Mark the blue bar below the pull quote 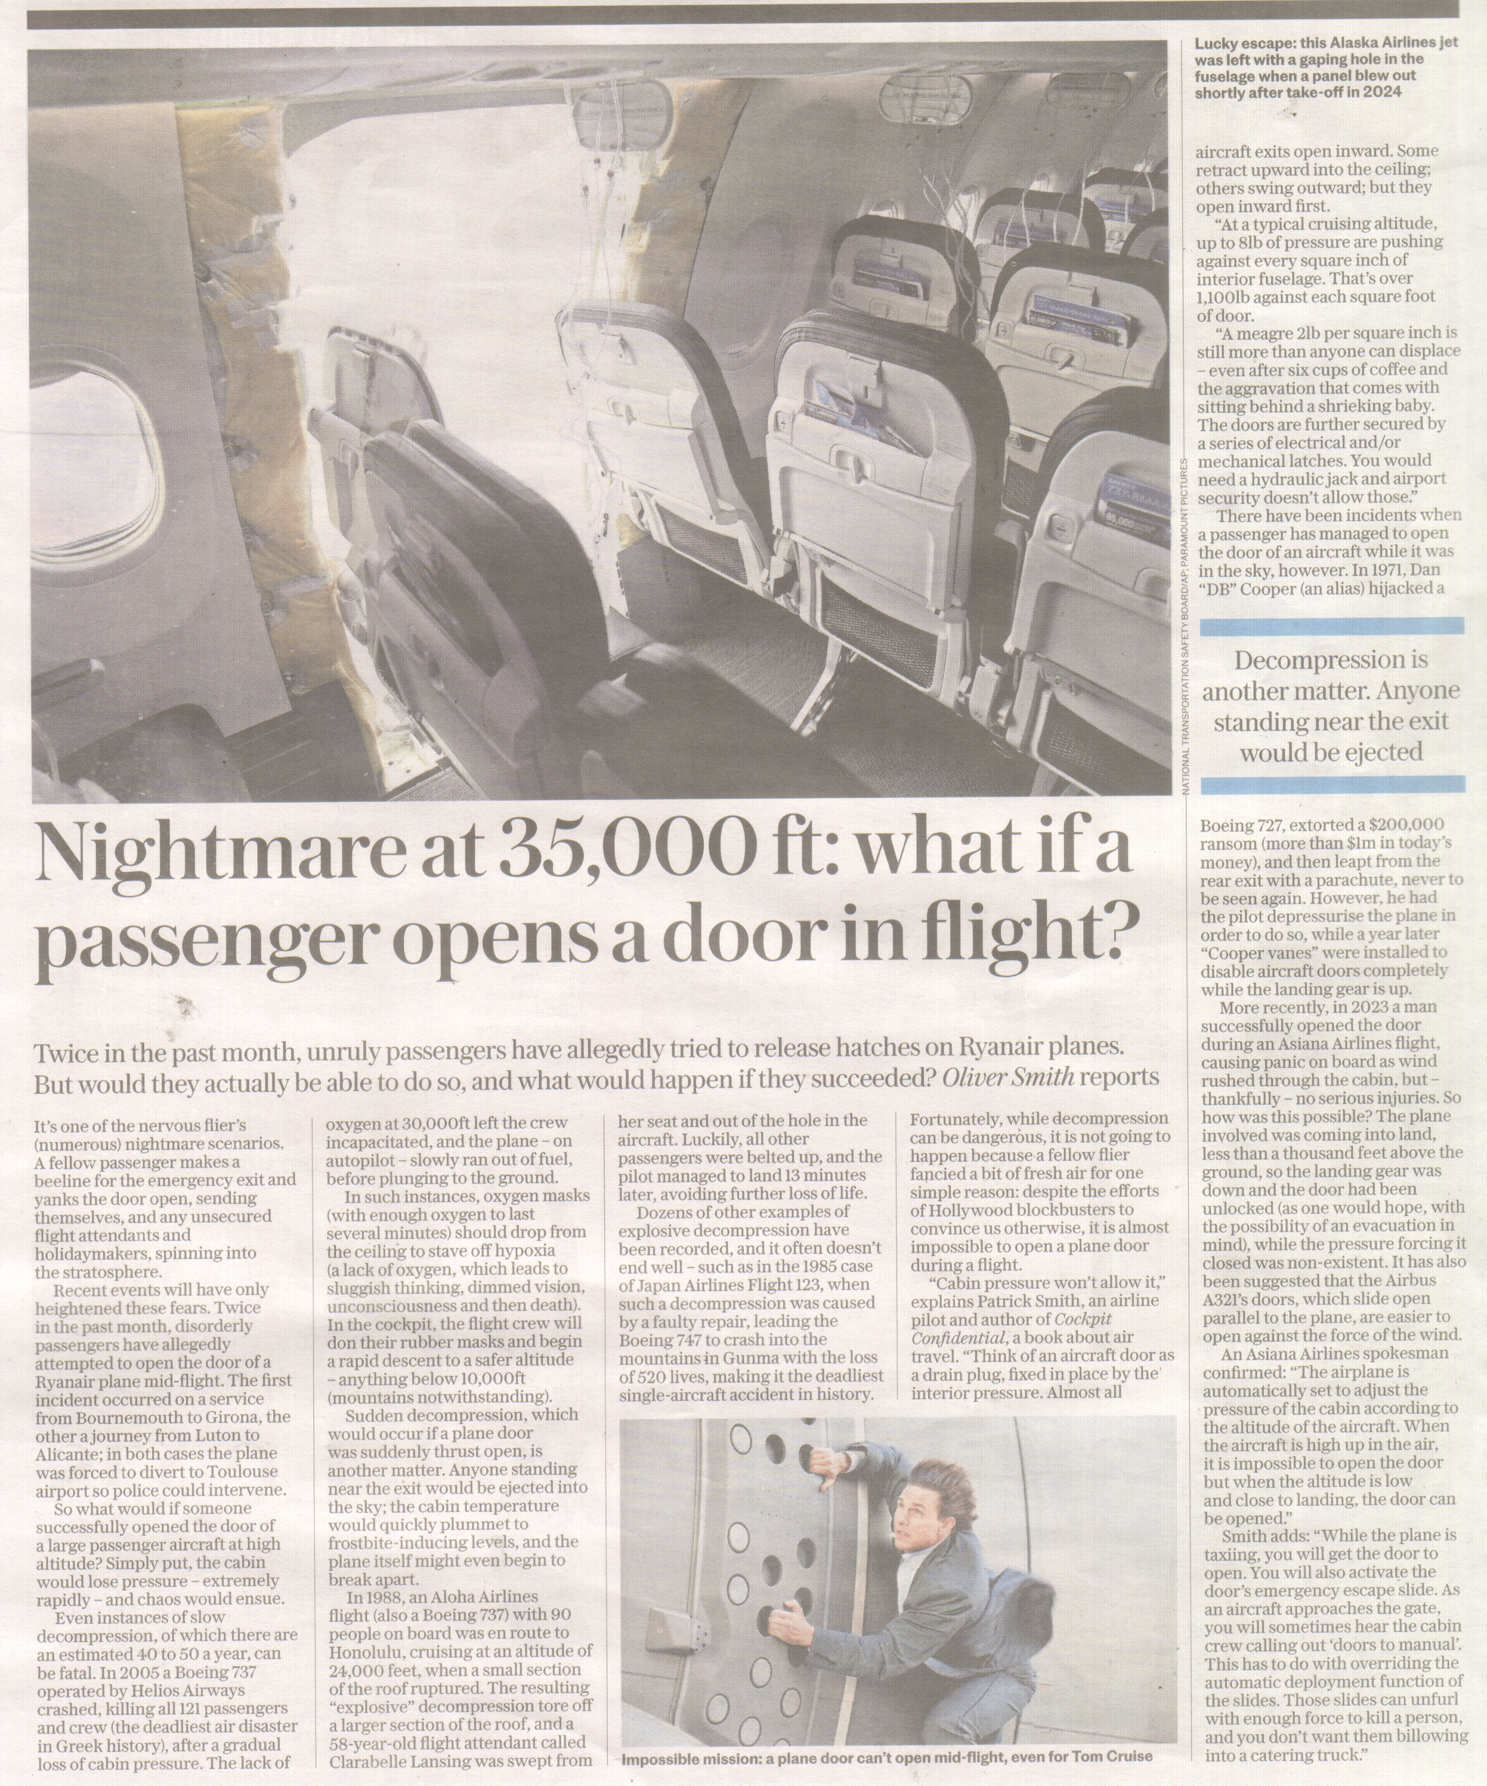click(1331, 785)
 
